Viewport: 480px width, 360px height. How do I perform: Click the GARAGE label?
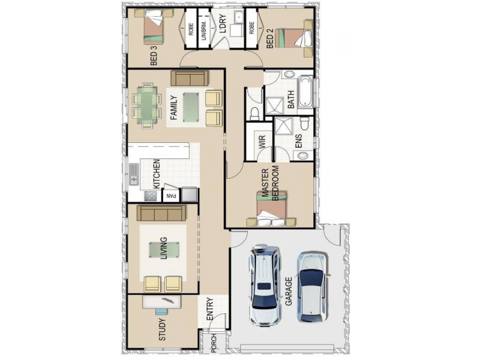pos(289,292)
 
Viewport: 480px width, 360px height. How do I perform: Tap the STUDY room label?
pos(162,329)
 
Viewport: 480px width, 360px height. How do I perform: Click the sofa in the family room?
pos(189,78)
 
